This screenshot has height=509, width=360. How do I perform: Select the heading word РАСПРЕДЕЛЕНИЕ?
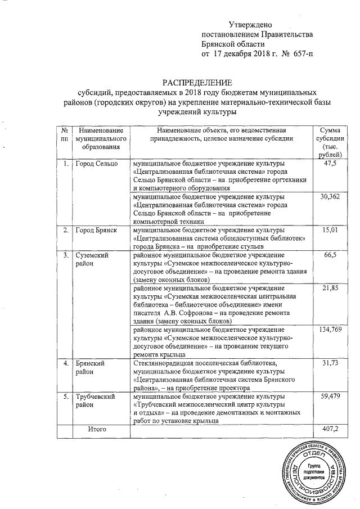[193, 82]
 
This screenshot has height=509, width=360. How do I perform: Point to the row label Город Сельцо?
[97, 164]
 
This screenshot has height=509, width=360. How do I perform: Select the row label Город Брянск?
[97, 229]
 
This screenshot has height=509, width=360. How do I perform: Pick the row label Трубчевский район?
[96, 401]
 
